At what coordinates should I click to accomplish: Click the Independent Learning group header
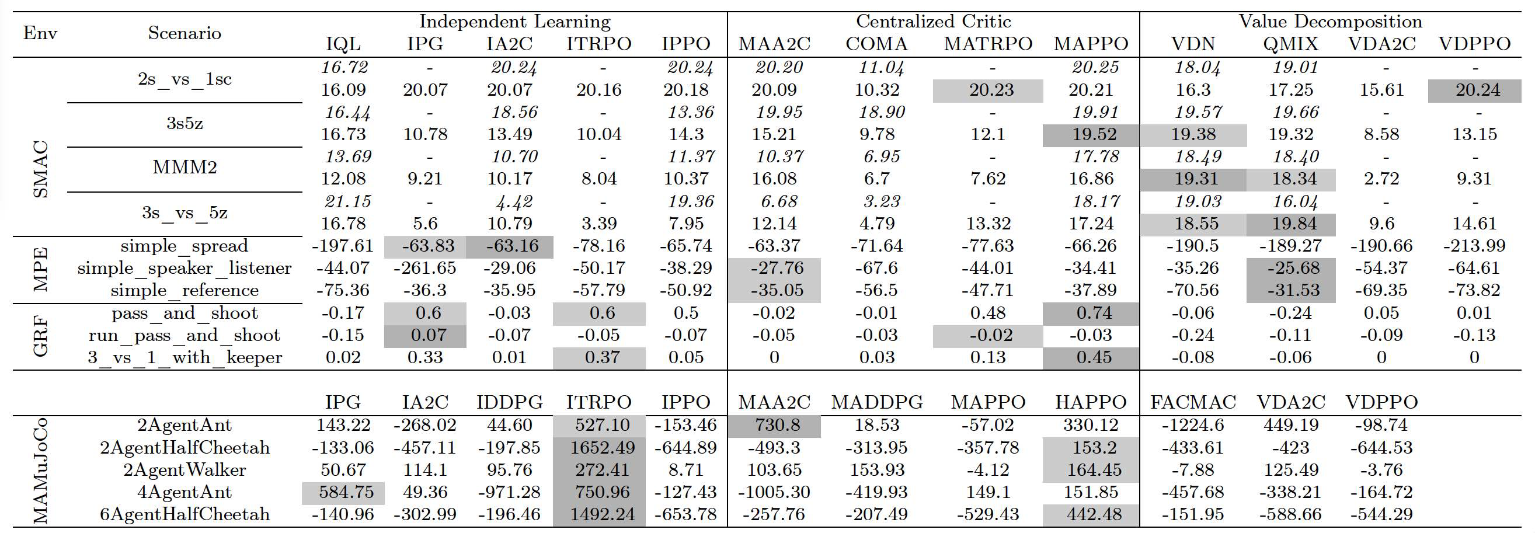(x=515, y=22)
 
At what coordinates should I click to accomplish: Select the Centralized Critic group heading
(x=933, y=22)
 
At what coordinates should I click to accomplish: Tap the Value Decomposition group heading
(x=1330, y=22)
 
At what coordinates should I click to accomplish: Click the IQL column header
(x=343, y=44)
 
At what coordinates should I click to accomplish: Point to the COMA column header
(x=876, y=44)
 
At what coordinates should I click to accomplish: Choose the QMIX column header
(x=1291, y=44)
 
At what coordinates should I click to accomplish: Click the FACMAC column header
(x=1193, y=403)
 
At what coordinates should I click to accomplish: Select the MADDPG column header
(x=876, y=403)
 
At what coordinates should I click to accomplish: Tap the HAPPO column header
(x=1091, y=403)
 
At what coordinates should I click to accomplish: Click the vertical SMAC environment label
(x=40, y=169)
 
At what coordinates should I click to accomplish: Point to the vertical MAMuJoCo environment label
(x=40, y=471)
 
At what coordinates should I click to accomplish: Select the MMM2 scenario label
(x=185, y=168)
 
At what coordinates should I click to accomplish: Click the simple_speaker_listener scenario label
(x=185, y=269)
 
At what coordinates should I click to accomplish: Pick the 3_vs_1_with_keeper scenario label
(x=185, y=358)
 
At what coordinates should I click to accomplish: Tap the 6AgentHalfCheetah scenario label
(x=185, y=514)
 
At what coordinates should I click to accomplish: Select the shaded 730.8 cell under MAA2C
(x=774, y=426)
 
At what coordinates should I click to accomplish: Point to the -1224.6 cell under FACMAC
(x=1193, y=426)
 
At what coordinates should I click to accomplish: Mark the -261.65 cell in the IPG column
(x=425, y=269)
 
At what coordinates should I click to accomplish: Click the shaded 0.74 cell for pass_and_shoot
(x=1091, y=313)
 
